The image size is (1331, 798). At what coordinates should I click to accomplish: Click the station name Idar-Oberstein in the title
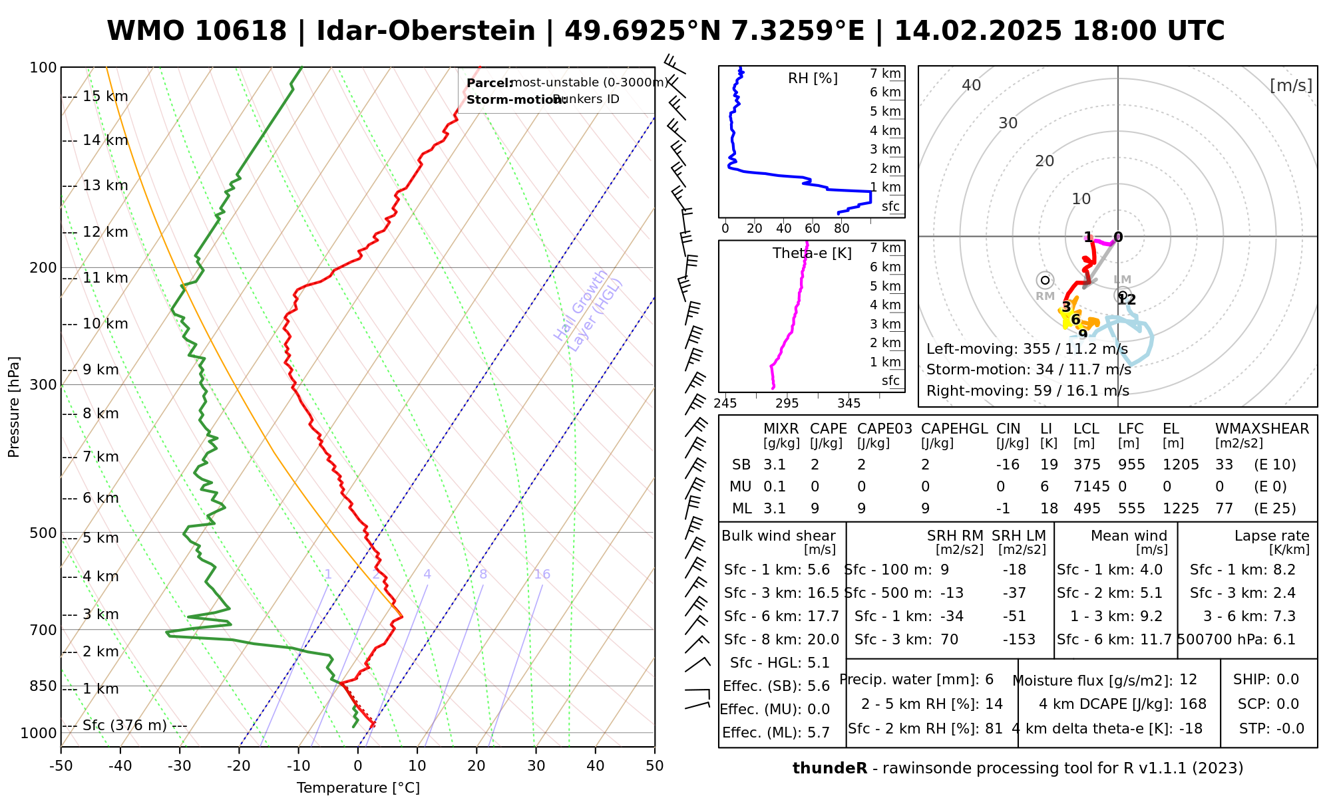coord(426,31)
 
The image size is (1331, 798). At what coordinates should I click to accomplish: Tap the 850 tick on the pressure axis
coord(43,686)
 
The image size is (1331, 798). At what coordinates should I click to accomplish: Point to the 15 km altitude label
coord(105,96)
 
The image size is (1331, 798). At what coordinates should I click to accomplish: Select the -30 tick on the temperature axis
coord(180,765)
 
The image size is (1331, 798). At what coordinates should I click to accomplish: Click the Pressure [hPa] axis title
coord(14,407)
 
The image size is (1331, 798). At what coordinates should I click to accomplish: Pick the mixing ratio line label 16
coord(542,574)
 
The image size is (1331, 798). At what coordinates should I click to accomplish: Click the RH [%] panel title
coord(813,78)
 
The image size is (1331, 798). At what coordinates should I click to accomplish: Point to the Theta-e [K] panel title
coord(812,253)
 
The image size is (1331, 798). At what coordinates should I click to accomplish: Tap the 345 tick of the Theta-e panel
coord(849,403)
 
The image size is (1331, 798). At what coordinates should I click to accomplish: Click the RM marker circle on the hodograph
coord(1046,281)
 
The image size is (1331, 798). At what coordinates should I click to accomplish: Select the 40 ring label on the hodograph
coord(972,85)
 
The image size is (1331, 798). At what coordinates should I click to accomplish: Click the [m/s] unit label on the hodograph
coord(1291,85)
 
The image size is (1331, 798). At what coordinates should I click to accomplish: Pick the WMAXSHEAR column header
coord(1262,429)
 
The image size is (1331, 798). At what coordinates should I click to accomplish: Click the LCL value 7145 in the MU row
coord(1091,487)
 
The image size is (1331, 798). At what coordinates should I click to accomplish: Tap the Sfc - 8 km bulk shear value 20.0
coord(823,640)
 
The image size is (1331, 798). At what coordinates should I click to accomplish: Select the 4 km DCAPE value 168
coord(1193,704)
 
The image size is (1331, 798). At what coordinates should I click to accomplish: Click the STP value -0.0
coord(1290,729)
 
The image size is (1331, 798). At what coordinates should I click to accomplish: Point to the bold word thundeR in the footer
coord(830,769)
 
